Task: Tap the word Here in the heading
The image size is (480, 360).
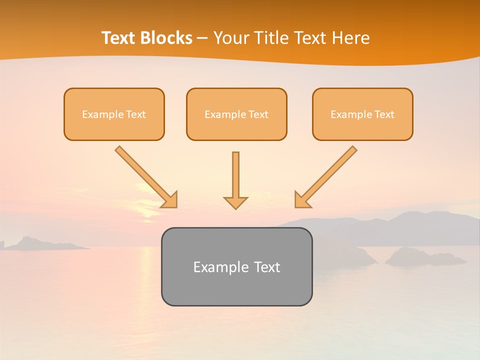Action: (349, 38)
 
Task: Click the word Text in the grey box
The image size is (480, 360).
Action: (267, 267)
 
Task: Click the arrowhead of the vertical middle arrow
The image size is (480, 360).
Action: (235, 202)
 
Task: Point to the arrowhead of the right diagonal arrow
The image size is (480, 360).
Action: (301, 200)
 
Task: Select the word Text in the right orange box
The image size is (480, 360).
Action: (384, 114)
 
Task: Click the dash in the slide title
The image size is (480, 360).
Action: (202, 38)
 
